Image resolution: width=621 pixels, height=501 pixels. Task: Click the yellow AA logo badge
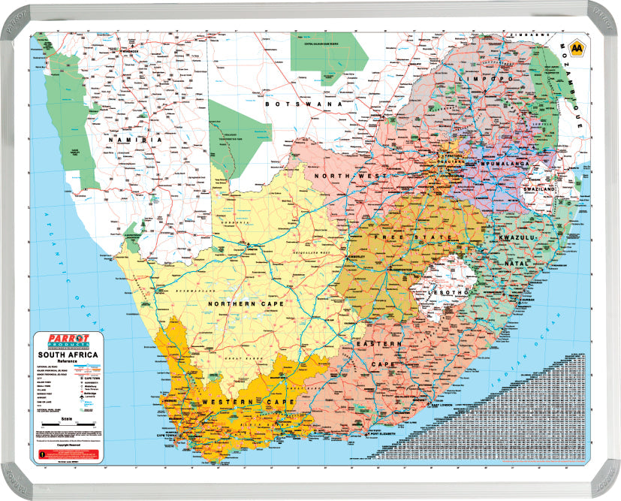click(577, 49)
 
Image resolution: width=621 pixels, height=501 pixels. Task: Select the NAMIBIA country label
click(135, 140)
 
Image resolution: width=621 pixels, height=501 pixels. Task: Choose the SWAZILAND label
click(539, 190)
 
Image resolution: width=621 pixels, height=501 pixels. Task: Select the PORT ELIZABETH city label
click(390, 434)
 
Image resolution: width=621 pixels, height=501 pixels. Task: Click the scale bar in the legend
click(68, 425)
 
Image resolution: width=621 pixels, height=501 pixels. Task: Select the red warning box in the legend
click(68, 454)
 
